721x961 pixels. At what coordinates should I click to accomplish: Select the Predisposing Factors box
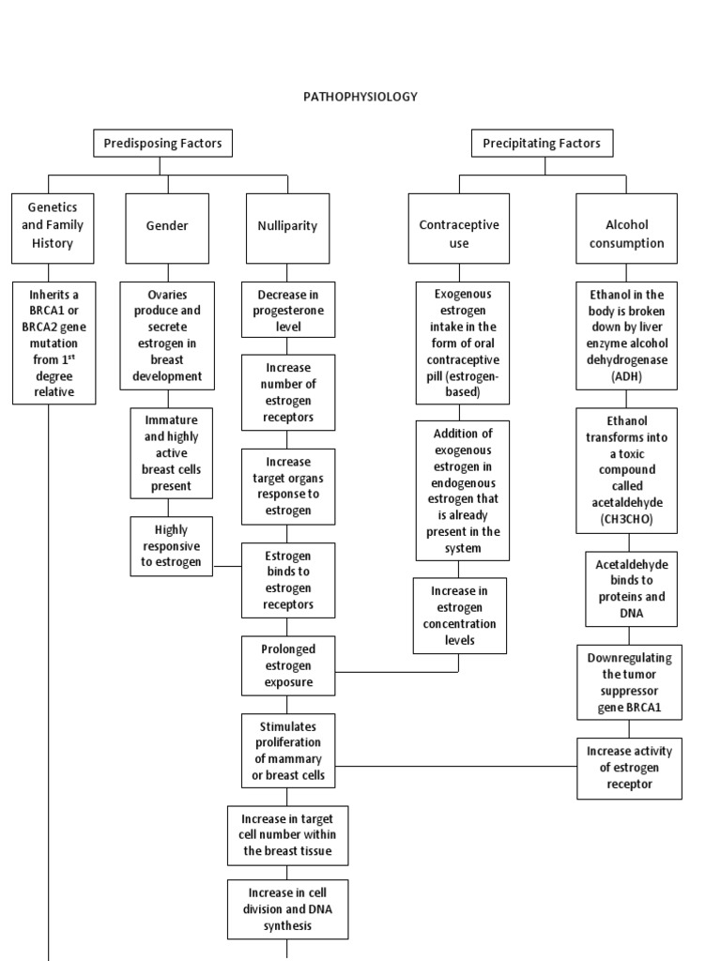coord(162,144)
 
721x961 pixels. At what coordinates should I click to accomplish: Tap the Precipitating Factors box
coord(541,144)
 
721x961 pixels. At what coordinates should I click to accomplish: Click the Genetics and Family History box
coord(54,226)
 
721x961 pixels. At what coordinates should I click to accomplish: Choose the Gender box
coord(167,226)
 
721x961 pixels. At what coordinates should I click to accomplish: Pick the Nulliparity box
coord(287,226)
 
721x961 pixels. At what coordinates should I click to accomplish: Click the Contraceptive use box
coord(459,234)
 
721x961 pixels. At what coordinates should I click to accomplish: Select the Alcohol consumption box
coord(627,234)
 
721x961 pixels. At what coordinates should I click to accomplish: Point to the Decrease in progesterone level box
coord(288,310)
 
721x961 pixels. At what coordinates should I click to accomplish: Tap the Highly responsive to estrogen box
coord(171,546)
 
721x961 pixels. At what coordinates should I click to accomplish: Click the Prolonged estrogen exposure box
coord(288,665)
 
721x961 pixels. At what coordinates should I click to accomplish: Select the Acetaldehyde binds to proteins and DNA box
coord(630,588)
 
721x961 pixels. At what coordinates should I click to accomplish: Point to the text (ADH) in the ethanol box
coord(626,375)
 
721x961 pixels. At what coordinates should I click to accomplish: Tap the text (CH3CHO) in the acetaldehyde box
coord(626,519)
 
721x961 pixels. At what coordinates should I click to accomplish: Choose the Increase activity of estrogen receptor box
coord(629,768)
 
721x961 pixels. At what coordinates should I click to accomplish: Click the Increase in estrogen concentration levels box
coord(459,616)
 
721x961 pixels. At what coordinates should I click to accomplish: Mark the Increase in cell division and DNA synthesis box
coord(287,908)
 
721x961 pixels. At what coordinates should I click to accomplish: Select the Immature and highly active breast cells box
coord(171,452)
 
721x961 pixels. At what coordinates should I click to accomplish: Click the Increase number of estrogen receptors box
coord(288,392)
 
